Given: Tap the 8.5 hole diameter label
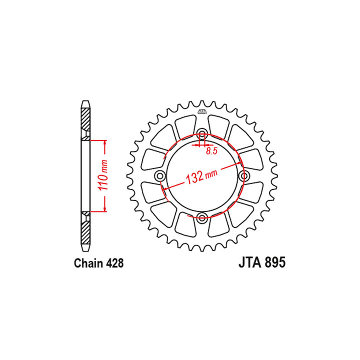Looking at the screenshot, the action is coord(211,151).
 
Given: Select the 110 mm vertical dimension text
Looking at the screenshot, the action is coord(103,175).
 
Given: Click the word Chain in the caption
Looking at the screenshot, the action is coord(87,263).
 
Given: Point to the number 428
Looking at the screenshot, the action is coord(114,263).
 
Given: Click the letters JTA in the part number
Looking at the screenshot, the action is coord(250,262).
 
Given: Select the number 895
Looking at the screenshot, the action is coord(275,262).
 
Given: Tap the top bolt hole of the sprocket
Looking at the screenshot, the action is coord(202,134).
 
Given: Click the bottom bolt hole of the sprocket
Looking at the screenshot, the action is coord(202,217).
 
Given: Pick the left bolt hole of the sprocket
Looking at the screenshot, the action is coord(160,176).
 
